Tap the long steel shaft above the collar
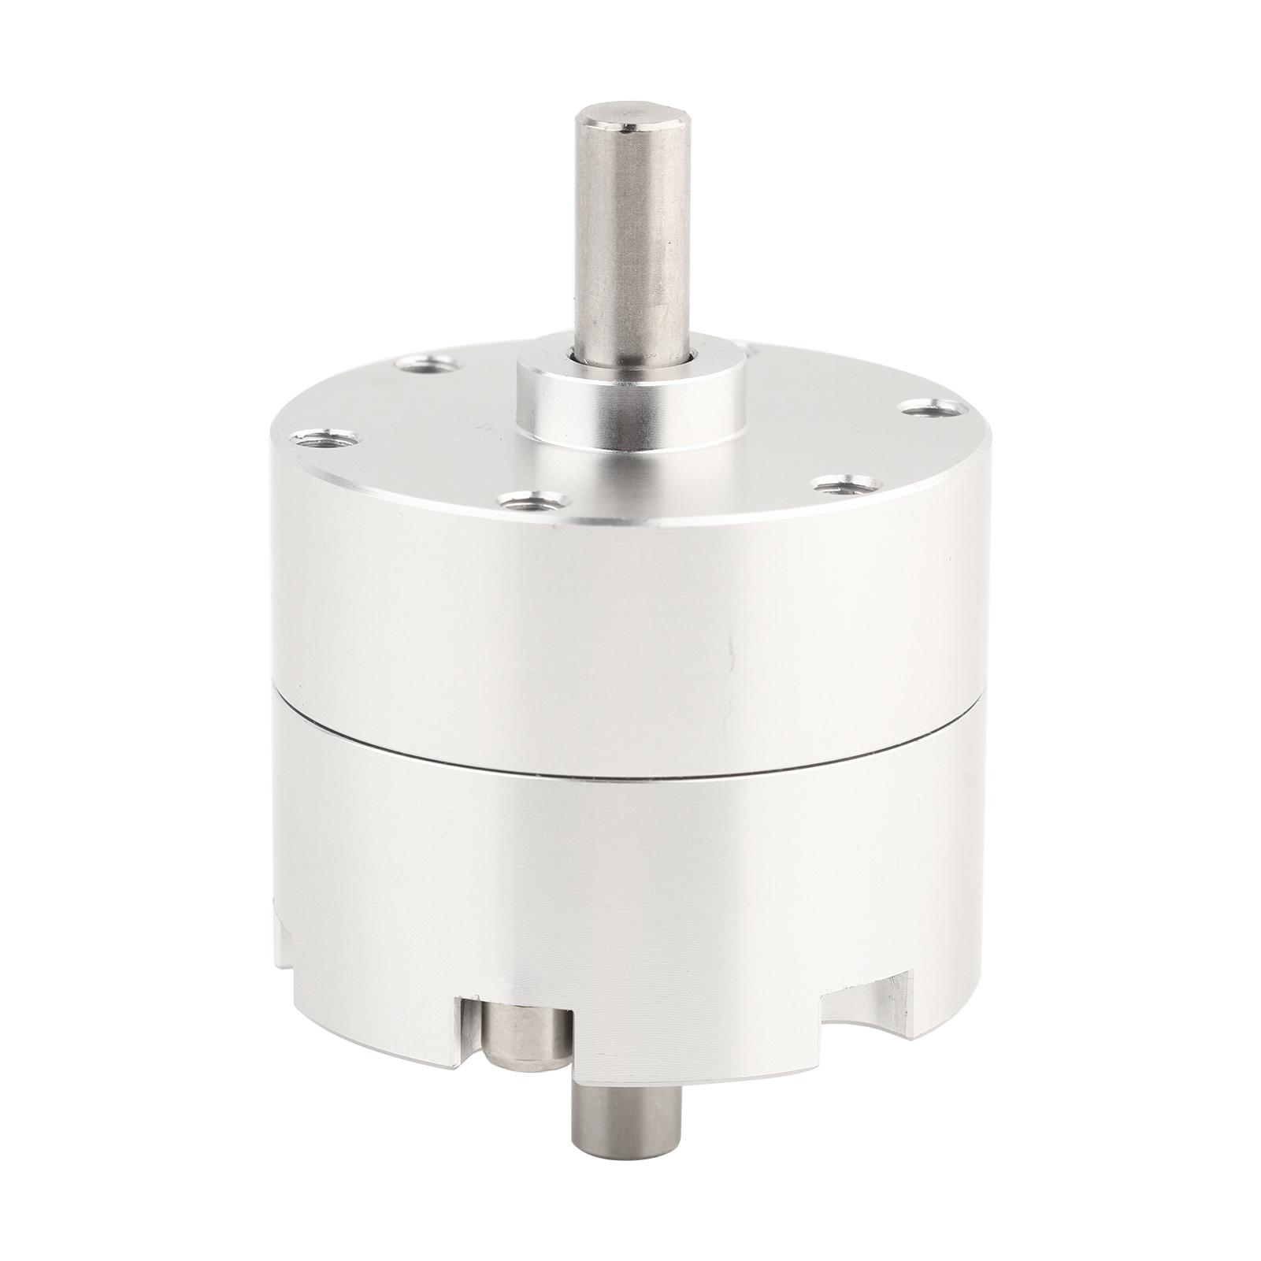(x=627, y=236)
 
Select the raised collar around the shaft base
(x=630, y=410)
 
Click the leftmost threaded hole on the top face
(x=325, y=438)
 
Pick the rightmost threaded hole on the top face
(x=934, y=408)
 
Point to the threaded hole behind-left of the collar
(x=426, y=364)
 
